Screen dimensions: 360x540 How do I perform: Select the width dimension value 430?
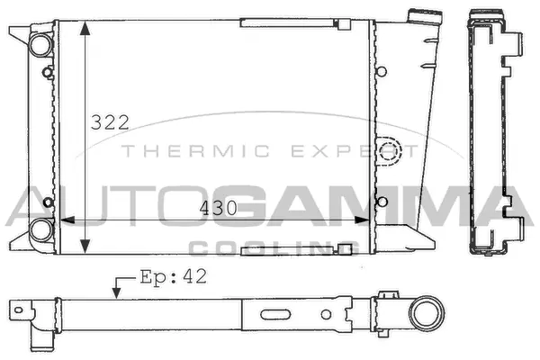(219, 208)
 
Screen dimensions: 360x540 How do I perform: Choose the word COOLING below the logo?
(270, 247)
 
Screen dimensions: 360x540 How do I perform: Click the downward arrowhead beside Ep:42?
(116, 291)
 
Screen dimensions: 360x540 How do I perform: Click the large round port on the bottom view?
(422, 316)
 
